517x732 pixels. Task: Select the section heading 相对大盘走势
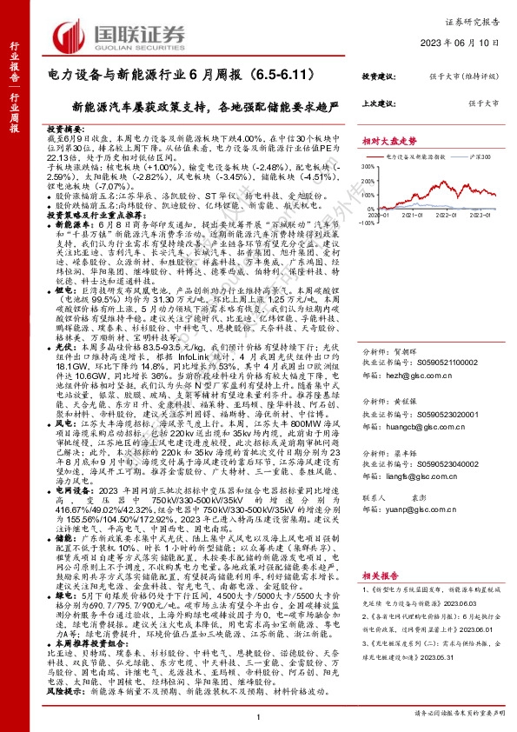click(x=389, y=140)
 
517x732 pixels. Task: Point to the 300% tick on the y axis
click(x=368, y=167)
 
